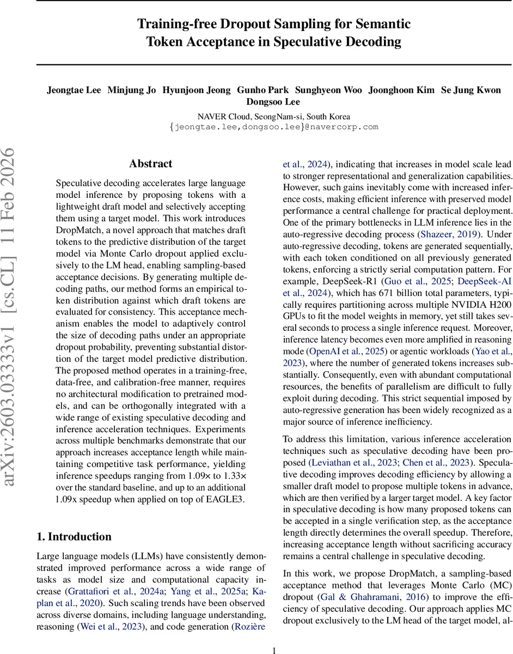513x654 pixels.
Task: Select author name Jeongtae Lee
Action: pyautogui.click(x=74, y=90)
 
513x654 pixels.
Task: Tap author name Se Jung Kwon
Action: pyautogui.click(x=471, y=90)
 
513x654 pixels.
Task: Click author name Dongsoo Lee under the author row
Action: pyautogui.click(x=273, y=102)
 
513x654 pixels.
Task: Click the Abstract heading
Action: pyautogui.click(x=151, y=163)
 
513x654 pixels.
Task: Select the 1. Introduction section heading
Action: pyautogui.click(x=74, y=537)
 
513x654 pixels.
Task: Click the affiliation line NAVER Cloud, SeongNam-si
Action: pyautogui.click(x=274, y=117)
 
